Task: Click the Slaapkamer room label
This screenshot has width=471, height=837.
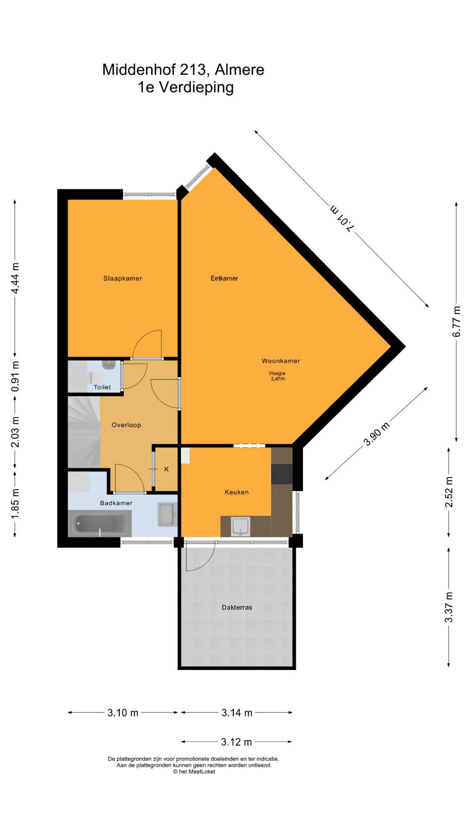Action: click(123, 278)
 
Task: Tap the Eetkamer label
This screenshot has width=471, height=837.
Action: click(224, 278)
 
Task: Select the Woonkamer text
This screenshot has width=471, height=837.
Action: click(280, 361)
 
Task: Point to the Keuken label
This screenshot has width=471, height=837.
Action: click(236, 492)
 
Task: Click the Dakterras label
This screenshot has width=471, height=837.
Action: click(237, 607)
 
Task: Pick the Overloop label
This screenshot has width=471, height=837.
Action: click(126, 425)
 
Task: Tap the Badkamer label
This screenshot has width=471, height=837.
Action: click(116, 503)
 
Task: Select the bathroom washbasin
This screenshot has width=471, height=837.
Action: click(167, 514)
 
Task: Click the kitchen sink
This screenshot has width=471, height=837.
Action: click(240, 526)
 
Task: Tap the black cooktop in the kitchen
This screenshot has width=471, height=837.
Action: click(281, 474)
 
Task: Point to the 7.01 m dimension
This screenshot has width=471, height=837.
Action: click(341, 218)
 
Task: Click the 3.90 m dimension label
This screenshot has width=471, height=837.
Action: click(376, 434)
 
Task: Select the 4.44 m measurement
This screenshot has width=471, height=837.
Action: click(15, 279)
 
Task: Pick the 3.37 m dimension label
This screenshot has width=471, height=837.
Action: click(449, 607)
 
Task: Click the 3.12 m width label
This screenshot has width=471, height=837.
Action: click(236, 742)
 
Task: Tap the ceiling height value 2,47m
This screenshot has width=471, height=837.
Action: click(278, 379)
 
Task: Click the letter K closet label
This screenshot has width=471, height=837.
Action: click(166, 470)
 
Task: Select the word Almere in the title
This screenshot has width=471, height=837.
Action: click(239, 70)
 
